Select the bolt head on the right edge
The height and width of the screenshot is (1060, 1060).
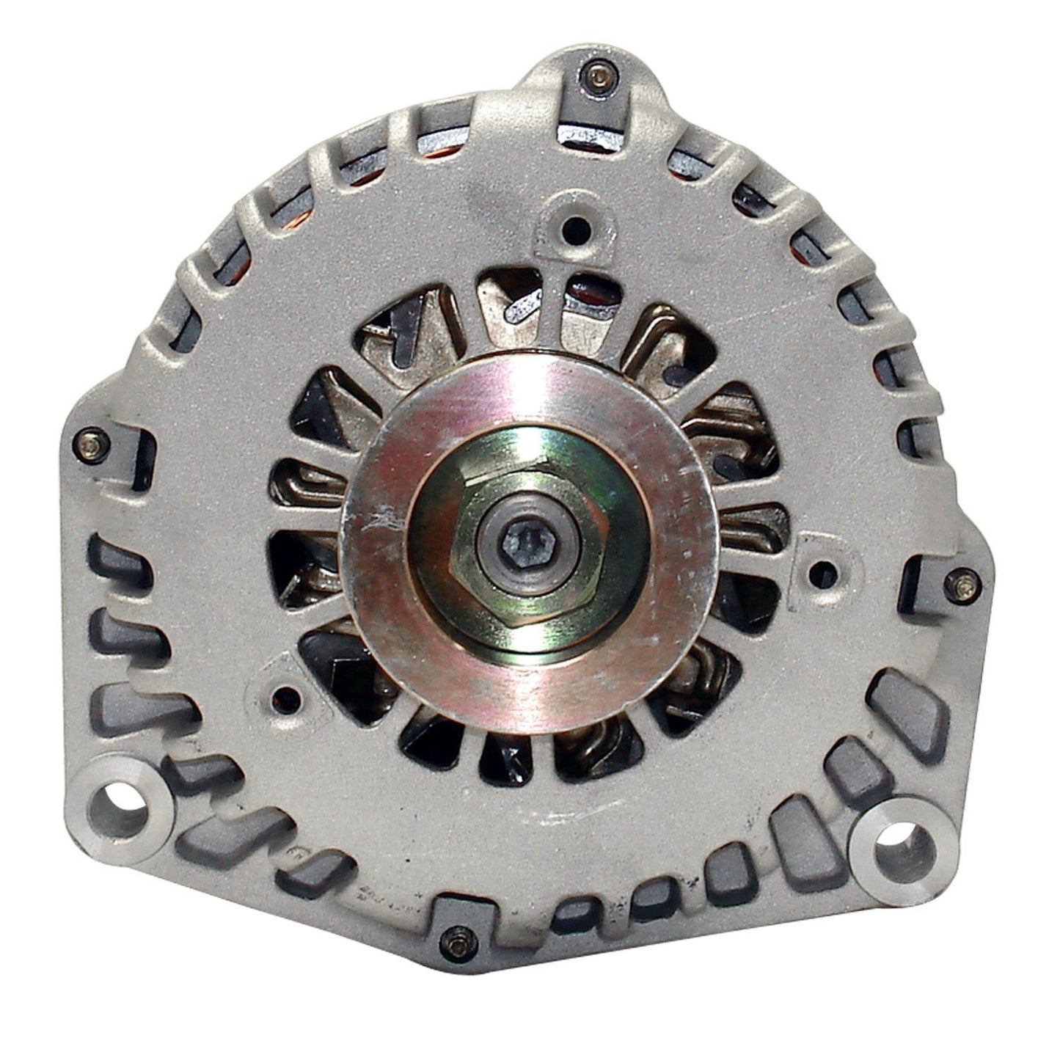[962, 583]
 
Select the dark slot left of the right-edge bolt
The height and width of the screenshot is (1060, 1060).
[921, 580]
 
